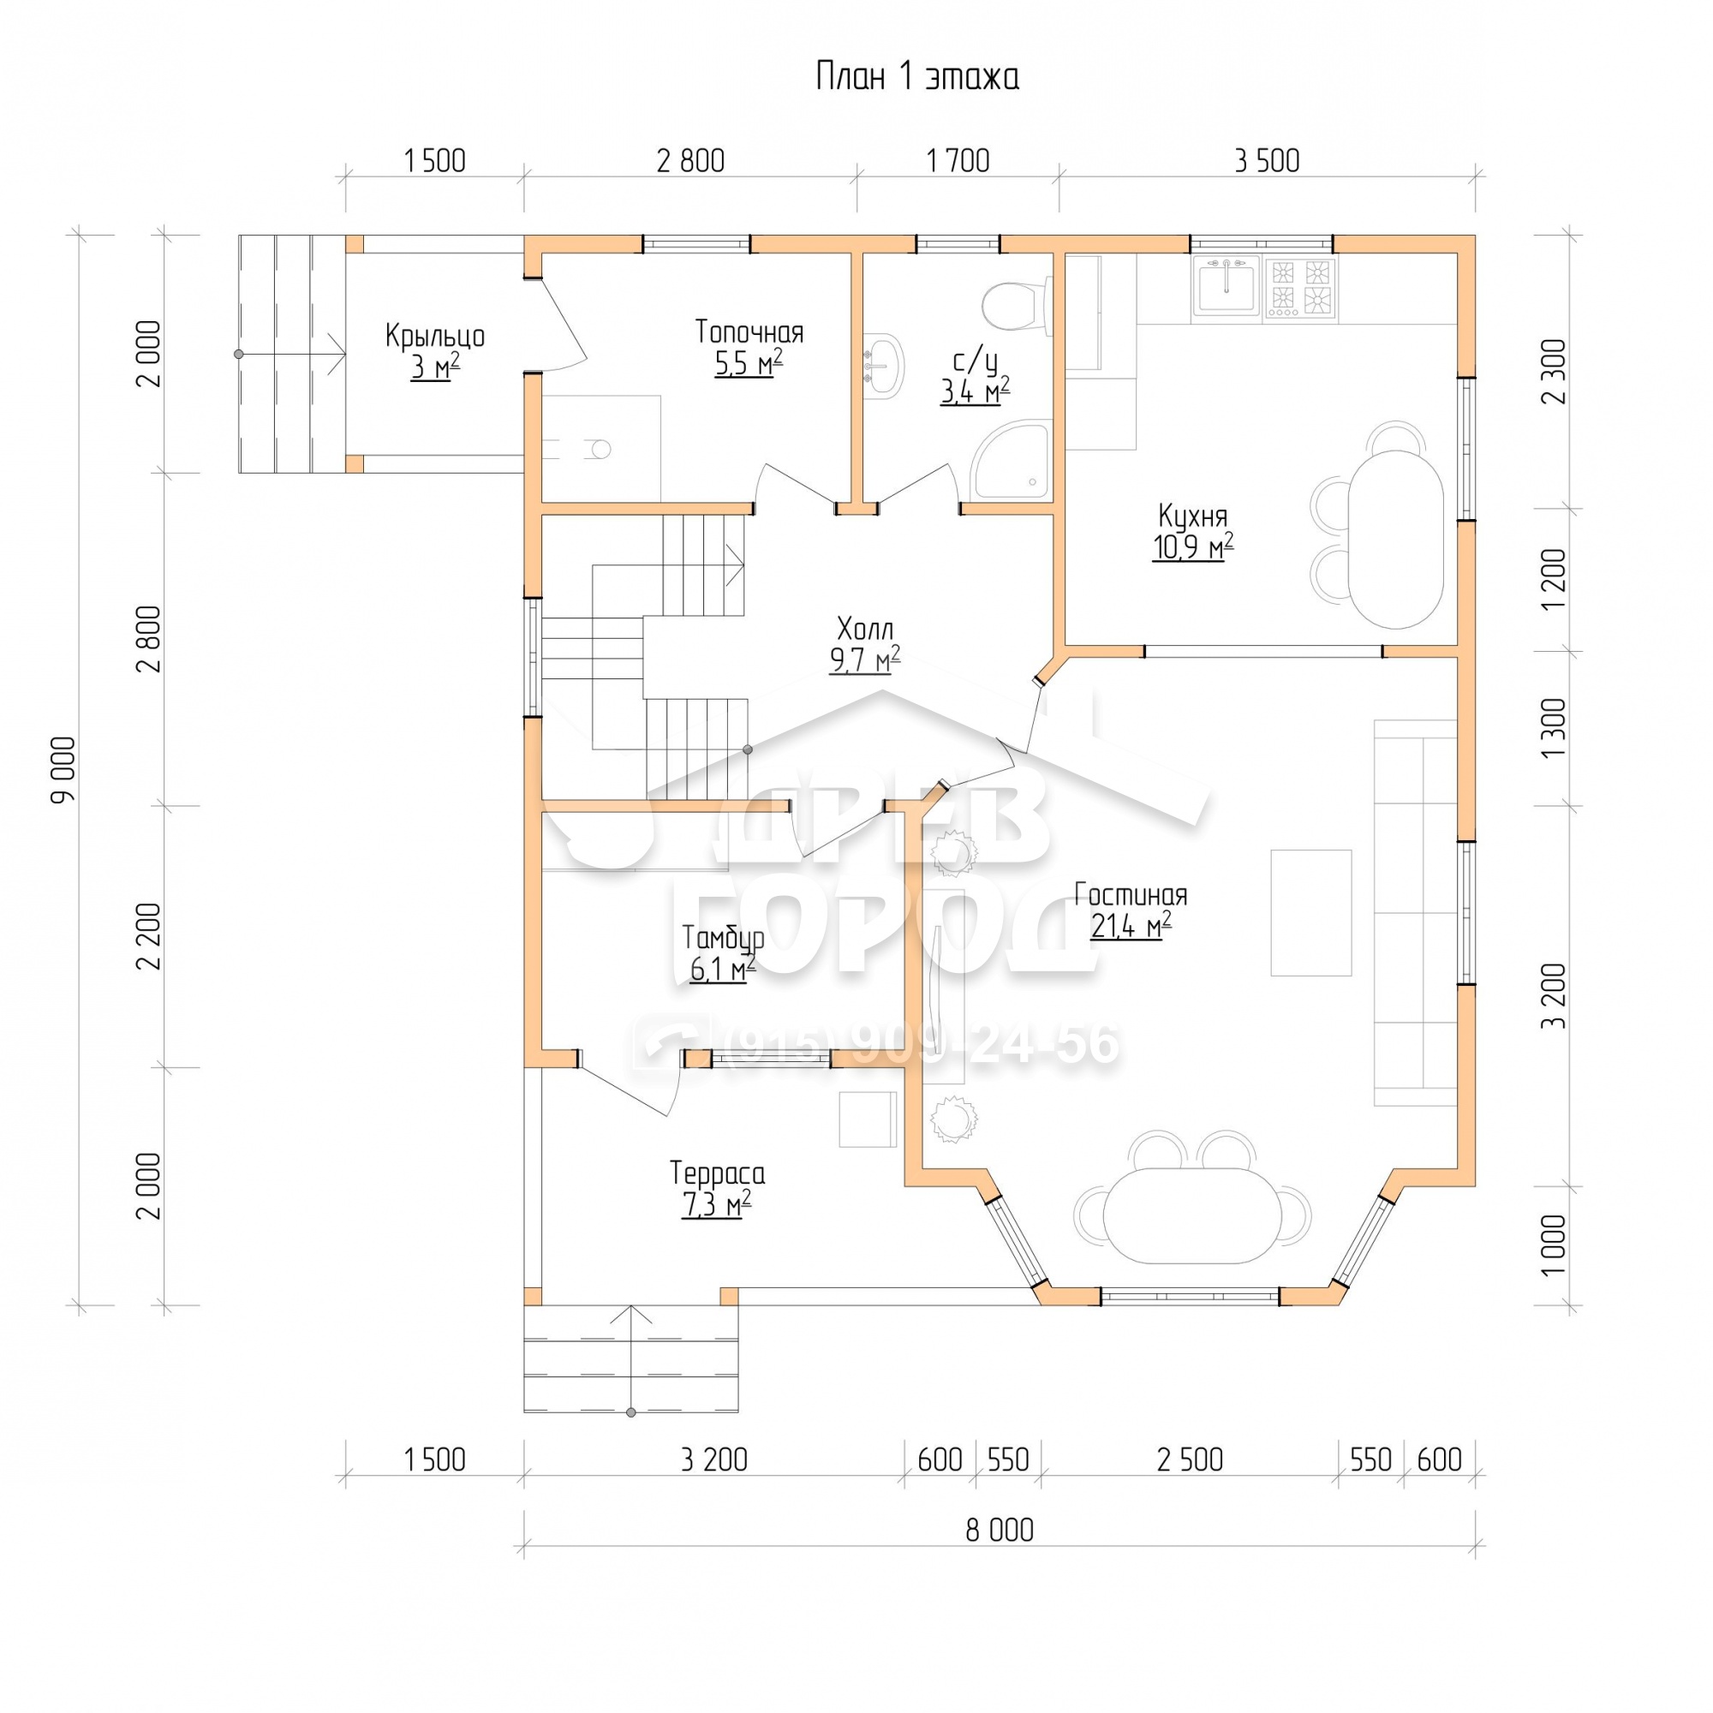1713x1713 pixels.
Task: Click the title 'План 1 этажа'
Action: (916, 77)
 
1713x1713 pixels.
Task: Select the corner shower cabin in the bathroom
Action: (1010, 460)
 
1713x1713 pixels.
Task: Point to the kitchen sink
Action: (1227, 285)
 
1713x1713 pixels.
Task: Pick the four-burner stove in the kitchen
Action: (1301, 288)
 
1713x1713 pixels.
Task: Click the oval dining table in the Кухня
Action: (1394, 539)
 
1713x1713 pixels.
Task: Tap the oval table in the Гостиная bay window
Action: (1192, 1215)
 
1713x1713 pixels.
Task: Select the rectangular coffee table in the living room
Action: (1311, 913)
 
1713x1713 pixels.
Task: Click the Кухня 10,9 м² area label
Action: (1192, 532)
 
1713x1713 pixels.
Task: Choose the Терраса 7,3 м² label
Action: (717, 1189)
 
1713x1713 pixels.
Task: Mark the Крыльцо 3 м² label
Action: (434, 351)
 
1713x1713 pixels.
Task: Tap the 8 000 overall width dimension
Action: (1000, 1531)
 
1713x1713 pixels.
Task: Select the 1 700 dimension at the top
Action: (958, 161)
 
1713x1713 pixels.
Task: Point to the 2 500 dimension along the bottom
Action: (1190, 1460)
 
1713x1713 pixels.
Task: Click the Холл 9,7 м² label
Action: (865, 646)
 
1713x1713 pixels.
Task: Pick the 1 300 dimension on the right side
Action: (1555, 729)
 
